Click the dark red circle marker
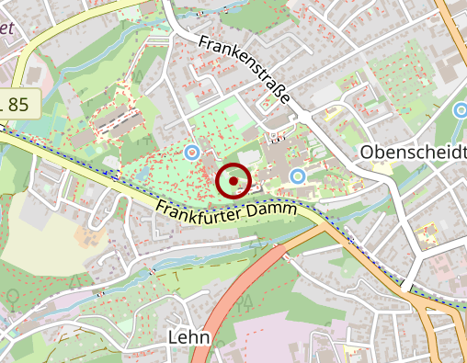pos(234,181)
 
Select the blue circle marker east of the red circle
pos(297,175)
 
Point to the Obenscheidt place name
pos(414,152)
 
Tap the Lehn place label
pos(189,338)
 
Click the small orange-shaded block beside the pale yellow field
pos(90,237)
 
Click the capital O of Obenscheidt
pos(369,152)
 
